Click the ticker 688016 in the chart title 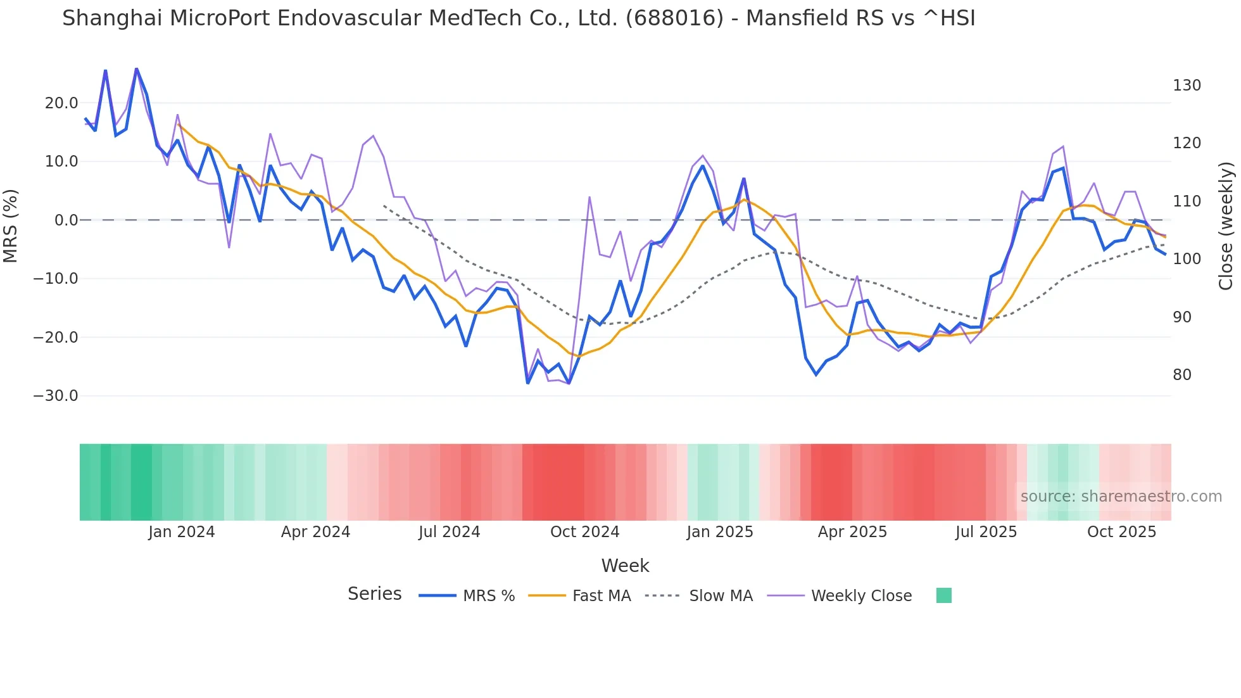pos(674,18)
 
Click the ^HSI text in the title pos(949,18)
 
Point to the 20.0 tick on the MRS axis pos(61,103)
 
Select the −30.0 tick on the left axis pos(56,396)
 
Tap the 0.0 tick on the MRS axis pos(66,220)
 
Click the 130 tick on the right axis pos(1186,86)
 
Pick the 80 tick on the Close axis pos(1181,375)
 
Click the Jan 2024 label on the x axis pos(182,532)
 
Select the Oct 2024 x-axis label pos(584,532)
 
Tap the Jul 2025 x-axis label pos(986,532)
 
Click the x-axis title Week pos(625,566)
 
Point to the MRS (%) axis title pos(11,225)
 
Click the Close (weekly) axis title pos(1226,226)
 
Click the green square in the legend pos(943,595)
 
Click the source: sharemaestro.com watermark pos(1121,497)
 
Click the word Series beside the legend pos(374,594)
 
